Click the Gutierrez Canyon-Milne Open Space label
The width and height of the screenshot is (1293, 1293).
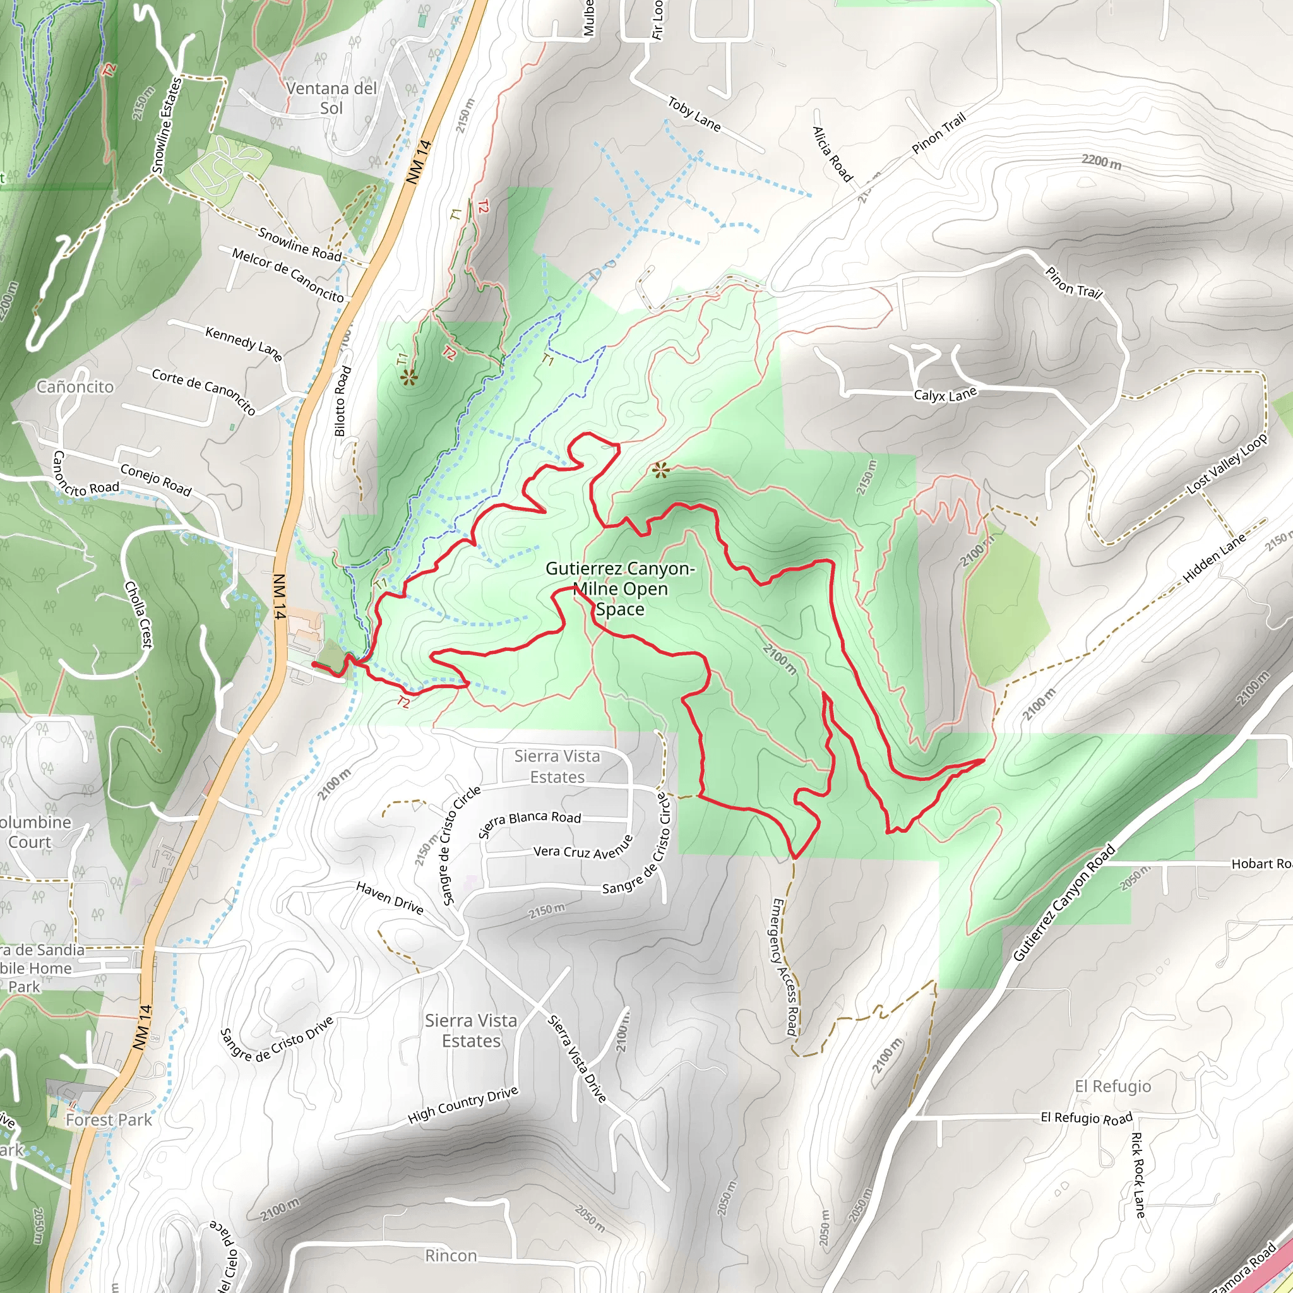620,589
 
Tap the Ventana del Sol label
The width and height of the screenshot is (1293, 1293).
331,98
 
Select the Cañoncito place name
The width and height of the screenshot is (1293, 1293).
75,387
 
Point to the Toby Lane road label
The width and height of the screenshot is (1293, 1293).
694,114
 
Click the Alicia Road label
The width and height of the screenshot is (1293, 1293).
833,154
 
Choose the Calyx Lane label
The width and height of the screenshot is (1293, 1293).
945,395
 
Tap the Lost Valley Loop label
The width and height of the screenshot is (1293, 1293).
1227,463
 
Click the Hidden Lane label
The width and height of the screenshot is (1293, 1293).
1214,557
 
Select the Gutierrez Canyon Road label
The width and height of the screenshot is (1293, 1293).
1063,903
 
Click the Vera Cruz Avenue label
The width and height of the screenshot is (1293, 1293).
583,849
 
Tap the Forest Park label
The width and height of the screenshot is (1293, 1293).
109,1119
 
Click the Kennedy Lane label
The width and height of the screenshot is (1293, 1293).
244,343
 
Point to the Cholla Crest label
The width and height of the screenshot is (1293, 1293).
139,614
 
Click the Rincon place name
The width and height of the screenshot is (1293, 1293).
451,1256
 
